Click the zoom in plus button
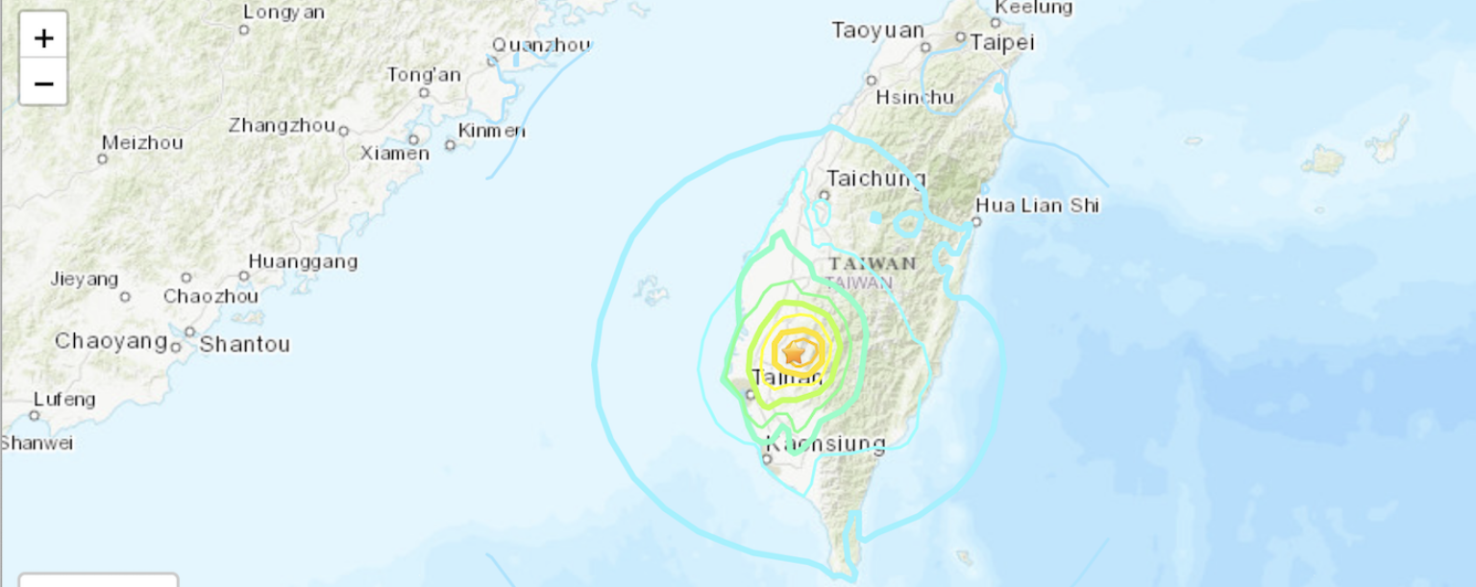pyautogui.click(x=43, y=38)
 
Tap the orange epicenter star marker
pyautogui.click(x=794, y=354)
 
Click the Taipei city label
pyautogui.click(x=1001, y=42)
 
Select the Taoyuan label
pyautogui.click(x=877, y=31)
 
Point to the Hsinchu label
pyautogui.click(x=915, y=97)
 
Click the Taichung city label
pyautogui.click(x=875, y=178)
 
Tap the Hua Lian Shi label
pyautogui.click(x=1037, y=205)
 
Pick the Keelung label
pyautogui.click(x=1033, y=8)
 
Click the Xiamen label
pyautogui.click(x=394, y=153)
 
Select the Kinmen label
pyautogui.click(x=492, y=131)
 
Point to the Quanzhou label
pyautogui.click(x=541, y=45)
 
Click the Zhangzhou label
pyautogui.click(x=282, y=126)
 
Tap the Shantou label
pyautogui.click(x=244, y=344)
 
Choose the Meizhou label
pyautogui.click(x=142, y=142)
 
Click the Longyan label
pyautogui.click(x=283, y=12)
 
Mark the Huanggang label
pyautogui.click(x=303, y=261)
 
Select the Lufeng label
pyautogui.click(x=64, y=399)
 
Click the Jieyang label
pyautogui.click(x=85, y=280)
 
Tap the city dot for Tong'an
pyautogui.click(x=424, y=93)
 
